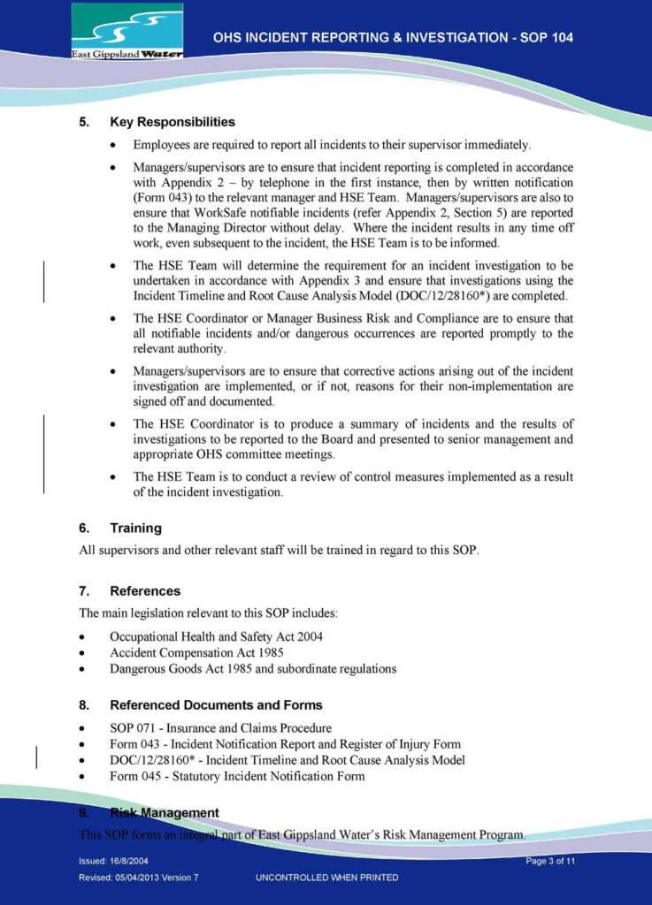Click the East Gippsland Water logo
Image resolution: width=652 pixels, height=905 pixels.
coord(127,31)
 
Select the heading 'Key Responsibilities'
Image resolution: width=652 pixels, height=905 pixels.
coord(172,122)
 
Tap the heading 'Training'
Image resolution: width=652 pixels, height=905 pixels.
coord(135,529)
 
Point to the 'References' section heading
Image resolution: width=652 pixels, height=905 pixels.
coord(144,591)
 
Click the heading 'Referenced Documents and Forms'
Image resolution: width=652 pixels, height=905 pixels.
coord(216,705)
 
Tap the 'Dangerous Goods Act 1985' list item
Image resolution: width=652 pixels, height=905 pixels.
coord(252,669)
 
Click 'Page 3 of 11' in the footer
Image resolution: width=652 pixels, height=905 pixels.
coord(550,861)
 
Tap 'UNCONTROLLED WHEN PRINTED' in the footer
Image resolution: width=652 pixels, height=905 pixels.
coord(326,878)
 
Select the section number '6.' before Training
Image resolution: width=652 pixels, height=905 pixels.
coord(84,529)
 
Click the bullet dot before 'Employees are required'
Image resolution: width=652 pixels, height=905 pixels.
coord(112,145)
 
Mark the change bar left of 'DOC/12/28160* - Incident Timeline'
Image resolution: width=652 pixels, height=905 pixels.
coord(36,760)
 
